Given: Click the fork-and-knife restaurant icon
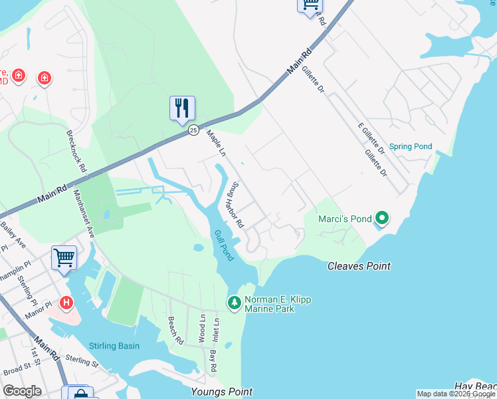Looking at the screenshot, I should point(182,108).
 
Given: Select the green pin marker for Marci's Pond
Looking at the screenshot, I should point(381,217).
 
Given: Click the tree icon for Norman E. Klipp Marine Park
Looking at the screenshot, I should point(234,303).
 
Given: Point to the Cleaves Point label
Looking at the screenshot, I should point(359,266).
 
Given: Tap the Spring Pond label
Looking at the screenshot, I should point(410,147).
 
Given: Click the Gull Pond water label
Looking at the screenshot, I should point(223,245).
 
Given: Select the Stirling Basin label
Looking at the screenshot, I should point(114,346).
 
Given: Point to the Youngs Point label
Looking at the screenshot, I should point(221,392).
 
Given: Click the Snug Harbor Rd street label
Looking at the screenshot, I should point(236,205).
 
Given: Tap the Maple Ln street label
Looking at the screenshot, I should point(217,144).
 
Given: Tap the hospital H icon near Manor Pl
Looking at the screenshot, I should point(66,303).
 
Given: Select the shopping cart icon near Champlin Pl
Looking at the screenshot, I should point(64,256).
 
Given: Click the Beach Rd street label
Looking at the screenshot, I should point(175,331).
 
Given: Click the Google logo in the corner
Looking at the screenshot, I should point(23,391).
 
